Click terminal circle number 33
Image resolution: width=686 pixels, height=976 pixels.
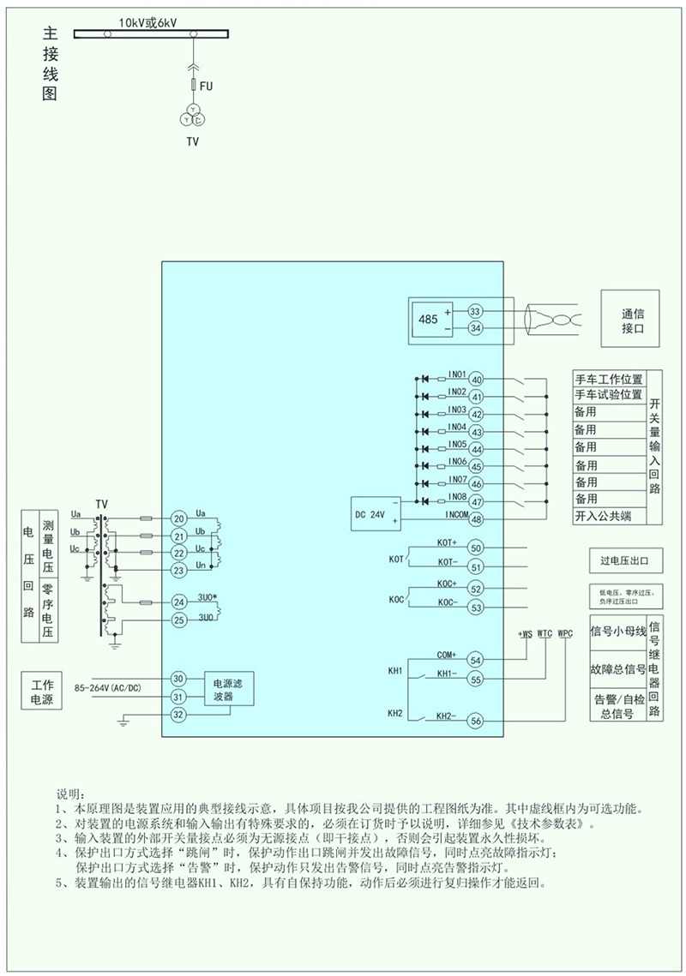coord(475,312)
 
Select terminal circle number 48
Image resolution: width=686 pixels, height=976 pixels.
coord(477,518)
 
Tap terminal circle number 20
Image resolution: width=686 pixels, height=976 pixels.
coord(178,518)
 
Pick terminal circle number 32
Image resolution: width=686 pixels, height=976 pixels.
coord(178,715)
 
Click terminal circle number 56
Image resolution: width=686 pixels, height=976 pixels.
coord(475,722)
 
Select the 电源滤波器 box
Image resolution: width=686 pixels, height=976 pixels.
coord(228,690)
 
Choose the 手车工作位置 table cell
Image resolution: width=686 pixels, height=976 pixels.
coord(608,378)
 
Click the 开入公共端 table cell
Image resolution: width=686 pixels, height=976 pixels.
coord(608,516)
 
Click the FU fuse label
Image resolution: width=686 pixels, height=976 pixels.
coord(206,87)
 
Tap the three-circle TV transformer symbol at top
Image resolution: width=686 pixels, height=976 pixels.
coord(194,116)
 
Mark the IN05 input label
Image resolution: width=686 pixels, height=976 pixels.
coord(457,444)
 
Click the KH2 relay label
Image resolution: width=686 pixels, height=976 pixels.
coord(395,713)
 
